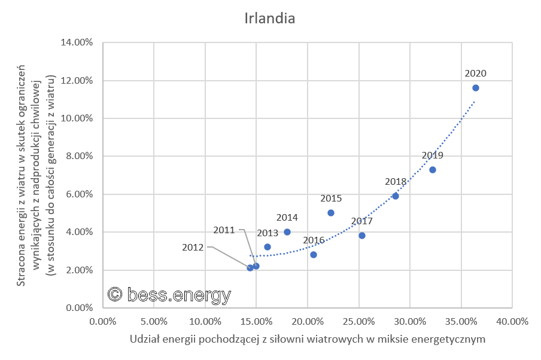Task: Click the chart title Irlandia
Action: [270, 18]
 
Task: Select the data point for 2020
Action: [476, 88]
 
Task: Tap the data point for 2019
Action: [433, 170]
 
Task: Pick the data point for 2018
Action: [396, 196]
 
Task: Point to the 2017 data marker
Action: [362, 236]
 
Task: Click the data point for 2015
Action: [331, 213]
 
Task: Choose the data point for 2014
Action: [287, 232]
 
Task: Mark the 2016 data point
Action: [314, 255]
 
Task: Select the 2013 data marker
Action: [268, 247]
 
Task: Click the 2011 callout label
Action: [225, 230]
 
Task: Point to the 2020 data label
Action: [476, 74]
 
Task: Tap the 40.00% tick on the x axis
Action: [513, 321]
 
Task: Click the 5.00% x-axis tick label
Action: [154, 321]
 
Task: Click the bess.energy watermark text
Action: [169, 294]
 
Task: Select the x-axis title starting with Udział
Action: [307, 339]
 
